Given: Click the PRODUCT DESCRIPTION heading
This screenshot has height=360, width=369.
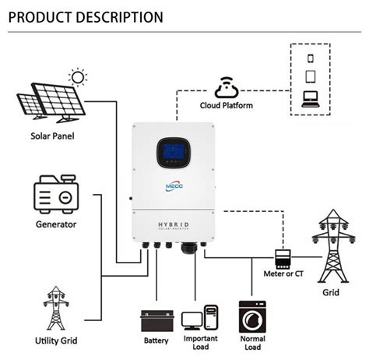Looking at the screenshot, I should tap(86, 16).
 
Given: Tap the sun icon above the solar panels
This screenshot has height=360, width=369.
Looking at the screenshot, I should tap(77, 76).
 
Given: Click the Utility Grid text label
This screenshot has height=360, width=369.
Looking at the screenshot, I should tap(56, 341).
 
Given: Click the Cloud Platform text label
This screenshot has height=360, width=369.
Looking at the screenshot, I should tap(227, 105).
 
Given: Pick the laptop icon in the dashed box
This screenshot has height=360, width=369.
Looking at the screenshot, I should tap(310, 100).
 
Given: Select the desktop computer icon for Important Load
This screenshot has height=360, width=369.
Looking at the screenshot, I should tap(200, 319).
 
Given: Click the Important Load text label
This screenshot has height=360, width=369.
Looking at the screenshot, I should tap(200, 344).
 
